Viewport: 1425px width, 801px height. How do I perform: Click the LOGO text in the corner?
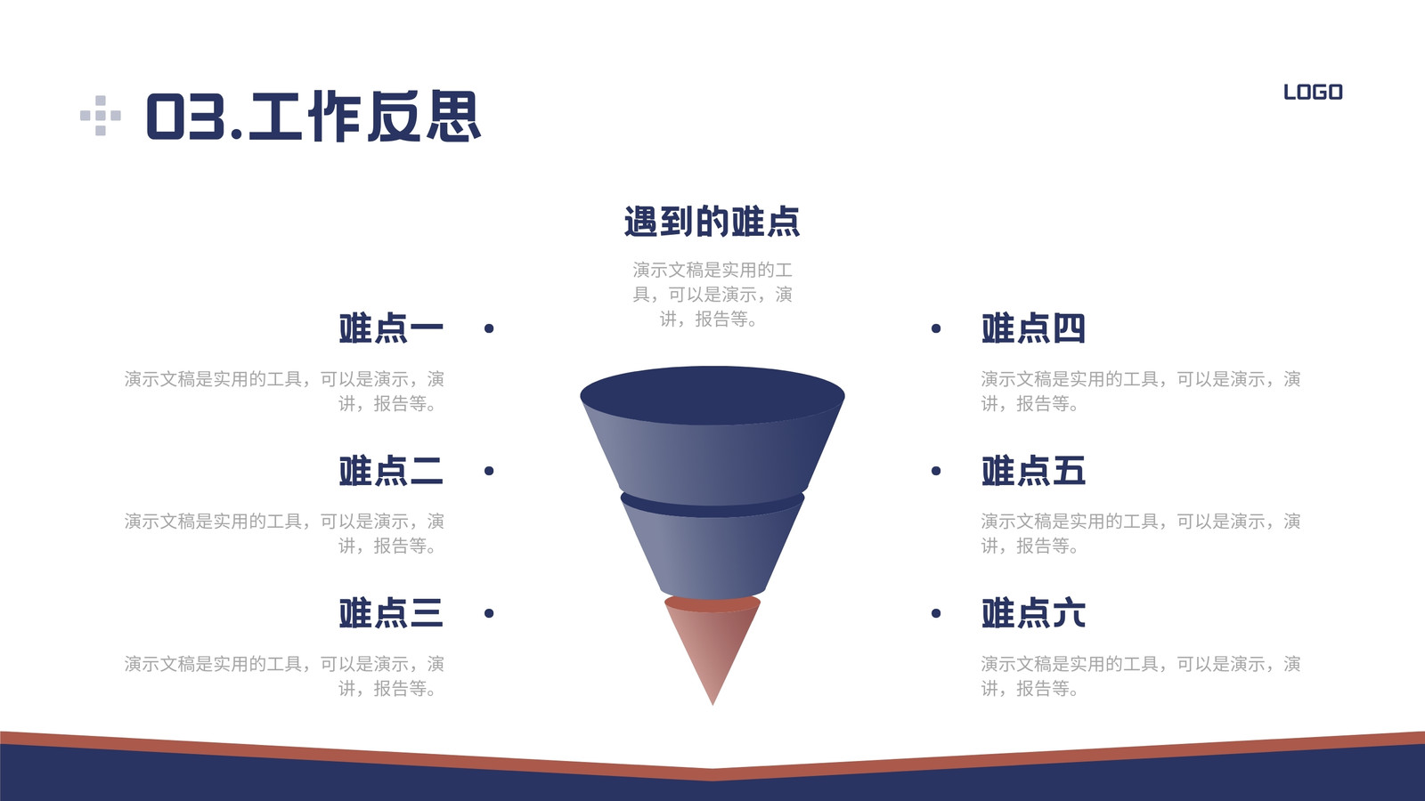tap(1313, 93)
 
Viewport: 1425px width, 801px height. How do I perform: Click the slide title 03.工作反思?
tap(313, 116)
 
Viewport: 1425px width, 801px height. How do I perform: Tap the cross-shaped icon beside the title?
tap(101, 116)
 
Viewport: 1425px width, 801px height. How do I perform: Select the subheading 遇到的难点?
tap(712, 222)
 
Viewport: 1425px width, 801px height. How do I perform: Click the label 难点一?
tap(391, 328)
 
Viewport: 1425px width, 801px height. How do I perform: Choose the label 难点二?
tap(391, 471)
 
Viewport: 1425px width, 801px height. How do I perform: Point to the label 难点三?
tap(391, 613)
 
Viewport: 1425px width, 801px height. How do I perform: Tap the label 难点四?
tap(1034, 328)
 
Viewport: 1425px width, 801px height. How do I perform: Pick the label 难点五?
tap(1034, 471)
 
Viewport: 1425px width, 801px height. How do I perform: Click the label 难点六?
tap(1034, 613)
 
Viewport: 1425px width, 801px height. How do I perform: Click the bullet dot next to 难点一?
tap(489, 328)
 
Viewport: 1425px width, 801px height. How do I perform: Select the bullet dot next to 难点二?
tap(489, 471)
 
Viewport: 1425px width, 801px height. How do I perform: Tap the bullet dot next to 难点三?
tap(489, 613)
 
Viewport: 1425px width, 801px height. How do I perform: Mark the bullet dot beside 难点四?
tap(936, 328)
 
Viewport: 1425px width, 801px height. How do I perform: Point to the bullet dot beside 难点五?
tap(936, 471)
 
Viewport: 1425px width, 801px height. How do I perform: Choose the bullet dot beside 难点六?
tap(936, 613)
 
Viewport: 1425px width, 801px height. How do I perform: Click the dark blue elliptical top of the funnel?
tap(712, 395)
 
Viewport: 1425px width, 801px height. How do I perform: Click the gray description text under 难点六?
tap(1140, 676)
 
